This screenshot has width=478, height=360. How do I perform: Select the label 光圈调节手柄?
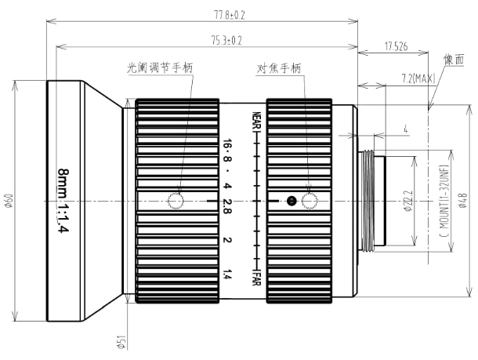[x=160, y=68]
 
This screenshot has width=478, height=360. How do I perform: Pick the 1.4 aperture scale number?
[x=226, y=274]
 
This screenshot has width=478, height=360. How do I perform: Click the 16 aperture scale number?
[x=226, y=145]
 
